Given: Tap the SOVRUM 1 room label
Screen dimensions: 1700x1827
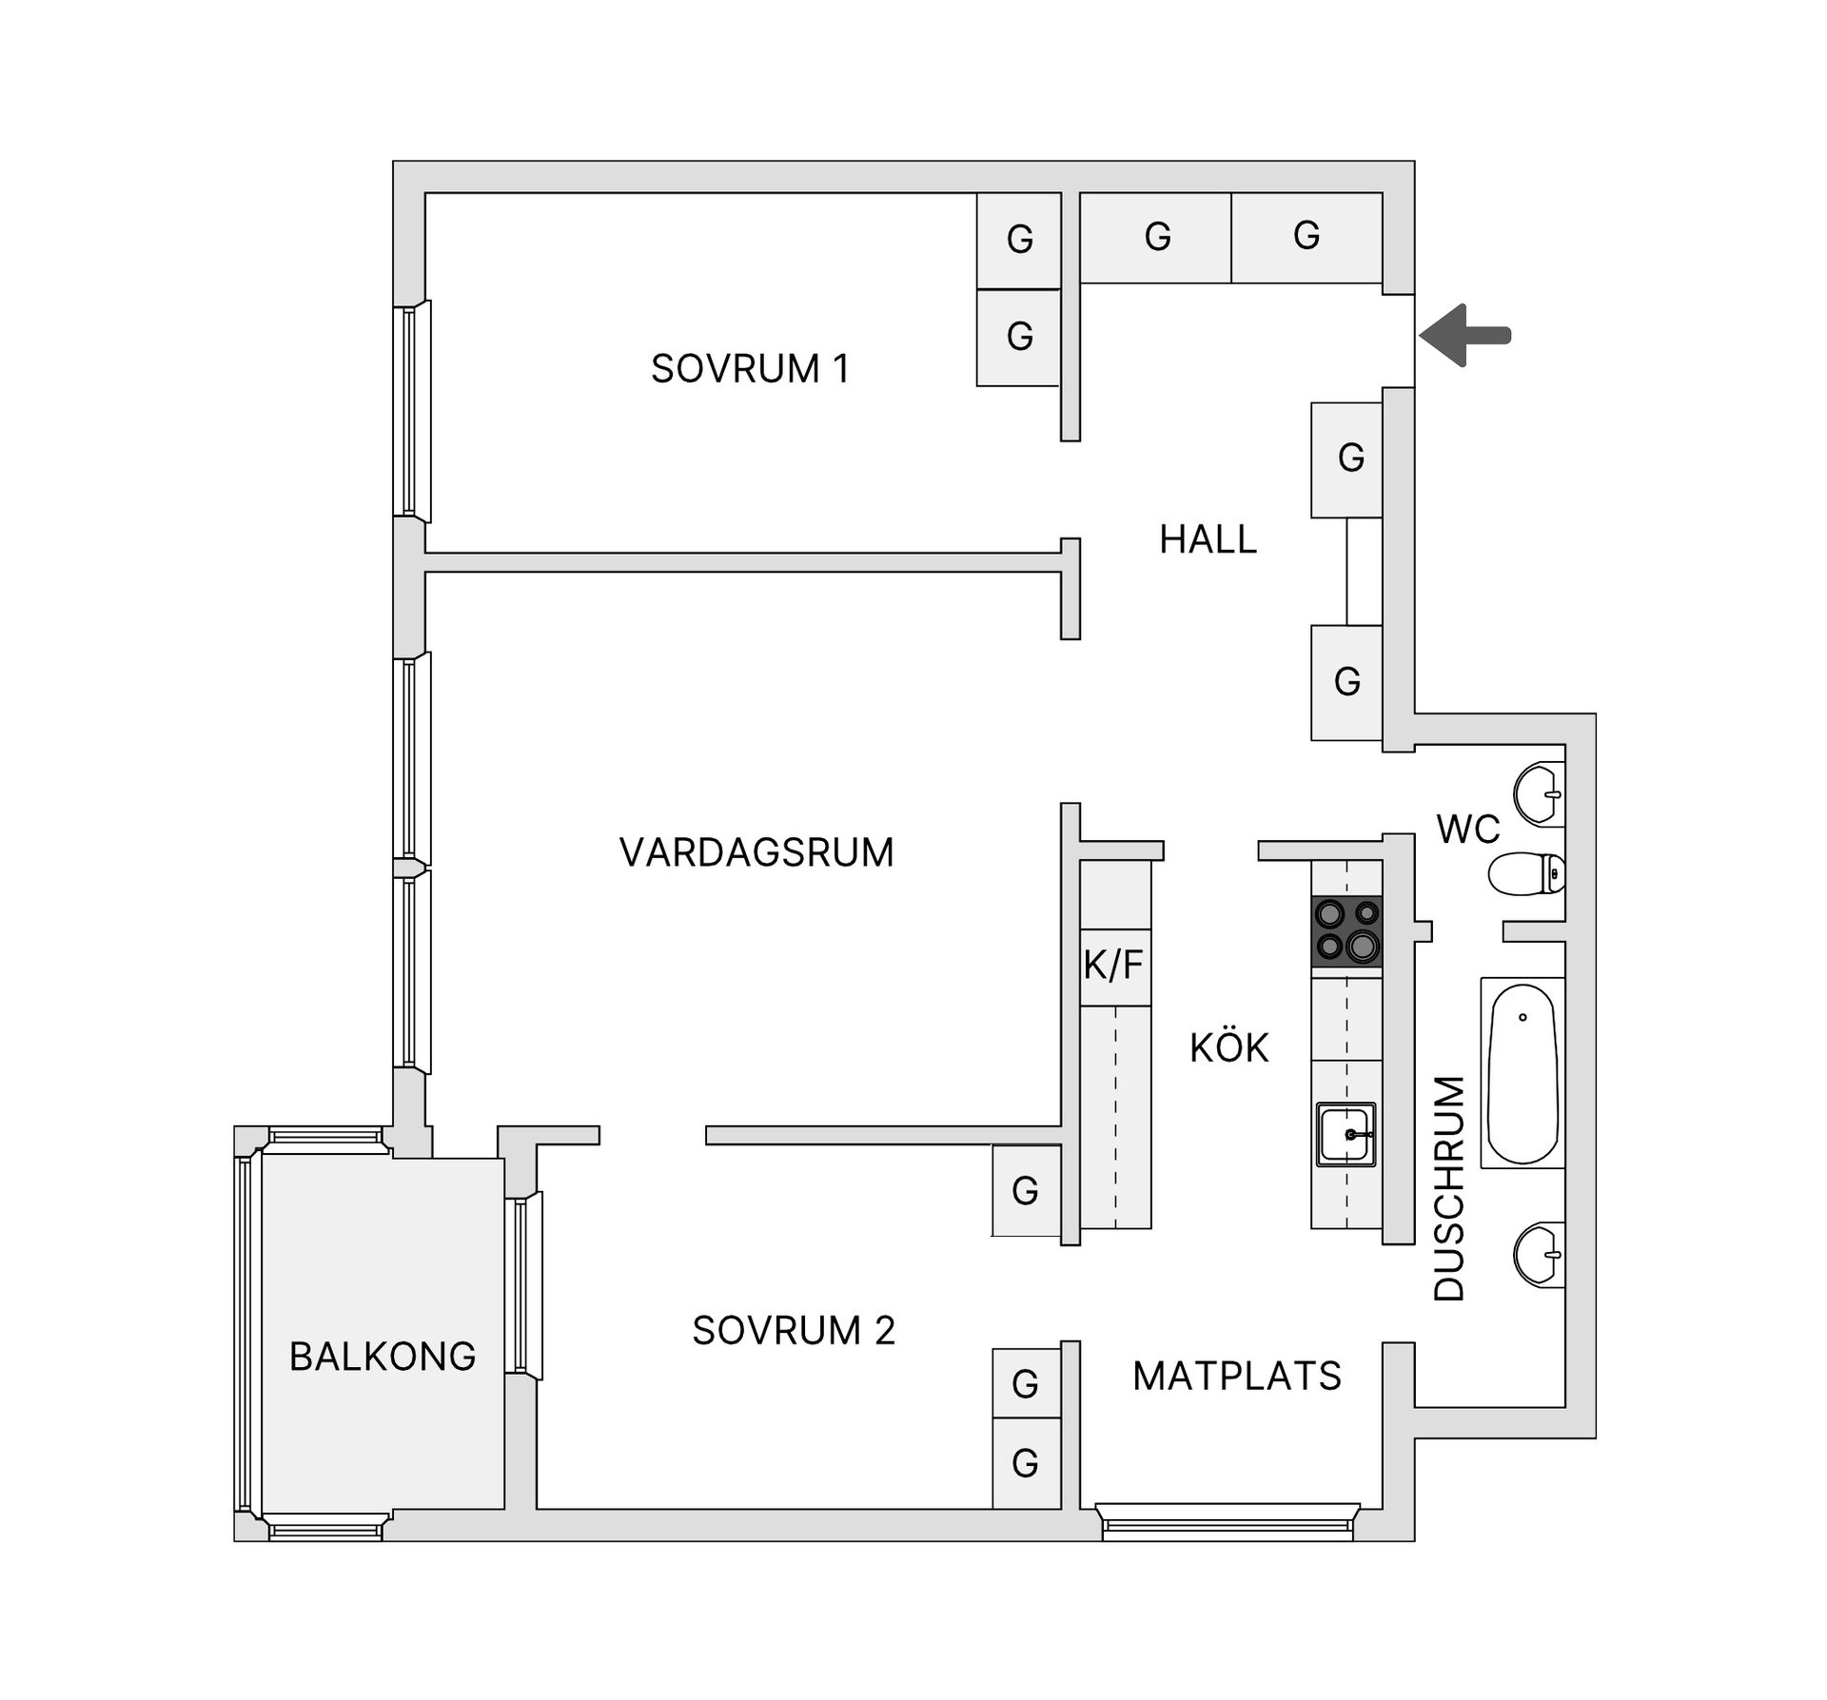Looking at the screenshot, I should click(x=749, y=369).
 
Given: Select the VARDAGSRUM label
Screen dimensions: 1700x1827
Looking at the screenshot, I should click(x=756, y=852).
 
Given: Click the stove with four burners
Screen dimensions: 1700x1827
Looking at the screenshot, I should click(x=1346, y=931).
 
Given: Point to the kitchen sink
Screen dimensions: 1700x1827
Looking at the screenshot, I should click(x=1346, y=1134).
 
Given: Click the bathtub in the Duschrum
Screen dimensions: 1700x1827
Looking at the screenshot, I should click(x=1522, y=1073).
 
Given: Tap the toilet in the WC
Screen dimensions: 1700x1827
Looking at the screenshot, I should click(x=1526, y=873).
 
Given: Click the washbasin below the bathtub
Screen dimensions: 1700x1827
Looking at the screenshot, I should click(x=1539, y=1255).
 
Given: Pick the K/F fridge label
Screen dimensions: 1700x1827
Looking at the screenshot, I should click(x=1113, y=966).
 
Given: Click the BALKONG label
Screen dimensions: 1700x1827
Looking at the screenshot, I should click(x=383, y=1357).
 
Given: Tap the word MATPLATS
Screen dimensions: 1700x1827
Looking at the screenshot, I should click(x=1236, y=1376).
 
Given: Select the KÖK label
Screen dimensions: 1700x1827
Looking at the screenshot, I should click(x=1228, y=1047).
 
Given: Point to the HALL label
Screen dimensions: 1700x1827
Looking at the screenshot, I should click(x=1208, y=539).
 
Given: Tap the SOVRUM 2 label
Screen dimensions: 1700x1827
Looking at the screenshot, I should click(x=794, y=1331).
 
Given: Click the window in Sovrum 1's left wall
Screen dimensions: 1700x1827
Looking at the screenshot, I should click(x=413, y=411).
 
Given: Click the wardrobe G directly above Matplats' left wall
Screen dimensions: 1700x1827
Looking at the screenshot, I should click(x=1026, y=1383).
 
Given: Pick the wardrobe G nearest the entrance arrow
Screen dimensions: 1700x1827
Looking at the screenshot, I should click(x=1306, y=236).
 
